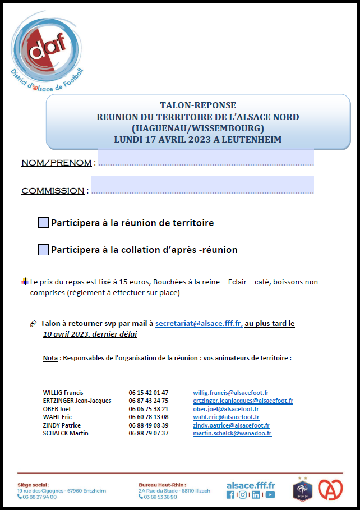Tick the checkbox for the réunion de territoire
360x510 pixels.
(43, 223)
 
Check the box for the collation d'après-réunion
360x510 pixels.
(43, 250)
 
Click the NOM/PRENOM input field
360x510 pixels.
(206, 158)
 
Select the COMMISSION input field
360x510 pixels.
(202, 185)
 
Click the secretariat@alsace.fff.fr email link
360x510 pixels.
(199, 324)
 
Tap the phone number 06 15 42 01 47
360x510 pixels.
(149, 393)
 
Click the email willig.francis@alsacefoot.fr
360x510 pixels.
(230, 393)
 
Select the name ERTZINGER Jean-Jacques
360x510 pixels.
(77, 401)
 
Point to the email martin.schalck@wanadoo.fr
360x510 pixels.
(232, 433)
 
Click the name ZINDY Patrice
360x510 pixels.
(62, 425)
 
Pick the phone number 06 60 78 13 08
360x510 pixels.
(149, 417)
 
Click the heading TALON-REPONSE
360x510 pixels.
(198, 105)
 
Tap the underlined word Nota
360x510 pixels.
(50, 358)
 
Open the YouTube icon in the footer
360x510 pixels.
(270, 495)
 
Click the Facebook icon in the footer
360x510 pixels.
(230, 495)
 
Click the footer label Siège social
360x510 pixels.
(33, 484)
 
